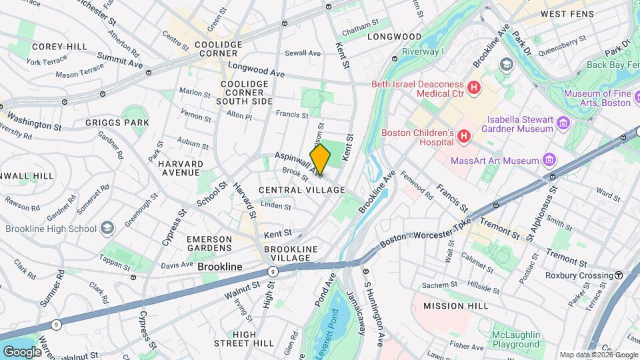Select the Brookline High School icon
tap(107, 229)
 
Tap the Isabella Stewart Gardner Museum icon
tap(563, 123)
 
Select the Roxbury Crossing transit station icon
tap(619, 275)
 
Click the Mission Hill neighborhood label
tap(451, 306)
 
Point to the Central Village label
tap(302, 190)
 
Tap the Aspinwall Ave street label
tap(299, 165)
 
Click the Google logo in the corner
tap(22, 351)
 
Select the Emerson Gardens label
tap(209, 243)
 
